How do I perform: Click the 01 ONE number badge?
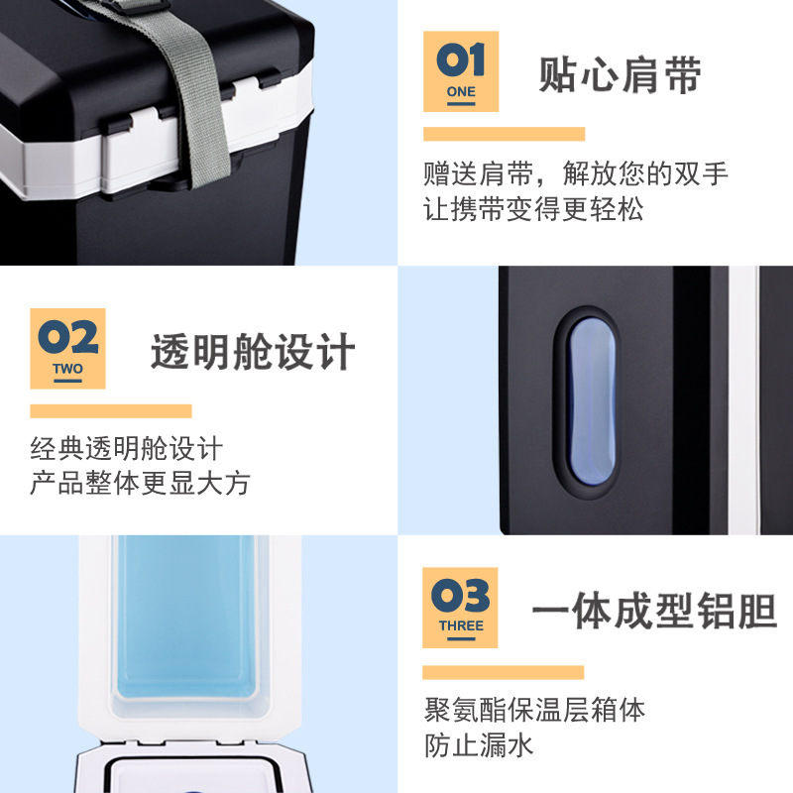pyautogui.click(x=461, y=71)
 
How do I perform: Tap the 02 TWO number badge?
pyautogui.click(x=67, y=349)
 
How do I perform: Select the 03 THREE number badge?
pyautogui.click(x=460, y=608)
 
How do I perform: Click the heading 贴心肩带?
pyautogui.click(x=620, y=75)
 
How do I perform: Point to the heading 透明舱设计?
pyautogui.click(x=253, y=352)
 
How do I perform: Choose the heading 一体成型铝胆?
pyautogui.click(x=654, y=611)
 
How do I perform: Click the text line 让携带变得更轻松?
pyautogui.click(x=533, y=209)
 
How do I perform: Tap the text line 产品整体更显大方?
pyautogui.click(x=140, y=483)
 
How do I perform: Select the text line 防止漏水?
pyautogui.click(x=479, y=745)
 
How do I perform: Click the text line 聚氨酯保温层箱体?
pyautogui.click(x=534, y=709)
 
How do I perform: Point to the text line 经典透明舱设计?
pyautogui.click(x=127, y=448)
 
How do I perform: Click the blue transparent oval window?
pyautogui.click(x=592, y=401)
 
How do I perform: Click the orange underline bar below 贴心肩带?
pyautogui.click(x=505, y=134)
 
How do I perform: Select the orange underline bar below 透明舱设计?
pyautogui.click(x=111, y=411)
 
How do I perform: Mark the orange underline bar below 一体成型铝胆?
pyautogui.click(x=504, y=672)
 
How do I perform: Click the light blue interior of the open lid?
pyautogui.click(x=186, y=617)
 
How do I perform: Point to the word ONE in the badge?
pyautogui.click(x=461, y=91)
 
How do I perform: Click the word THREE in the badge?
pyautogui.click(x=461, y=625)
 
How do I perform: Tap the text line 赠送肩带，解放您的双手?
pyautogui.click(x=576, y=173)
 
